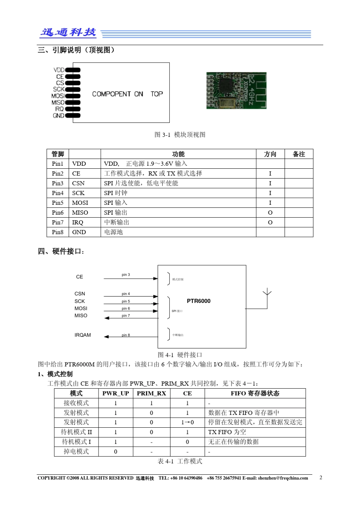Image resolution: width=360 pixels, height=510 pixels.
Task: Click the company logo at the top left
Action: coord(68,33)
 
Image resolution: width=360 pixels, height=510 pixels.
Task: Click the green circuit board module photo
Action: coord(236,91)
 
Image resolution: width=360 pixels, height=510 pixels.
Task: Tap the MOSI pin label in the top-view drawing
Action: coord(58,96)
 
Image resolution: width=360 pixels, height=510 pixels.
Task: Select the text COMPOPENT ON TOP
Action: coord(127,94)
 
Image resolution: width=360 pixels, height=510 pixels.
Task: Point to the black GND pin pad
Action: coord(73,116)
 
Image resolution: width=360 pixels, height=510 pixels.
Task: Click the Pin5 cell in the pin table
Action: coord(58,203)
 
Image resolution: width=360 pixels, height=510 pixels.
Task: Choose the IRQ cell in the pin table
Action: coord(78,223)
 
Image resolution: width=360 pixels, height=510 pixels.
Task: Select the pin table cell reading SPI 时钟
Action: coord(116,193)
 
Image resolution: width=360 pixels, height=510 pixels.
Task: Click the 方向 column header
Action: coord(270,154)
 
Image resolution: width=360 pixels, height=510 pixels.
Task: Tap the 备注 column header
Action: coord(299,154)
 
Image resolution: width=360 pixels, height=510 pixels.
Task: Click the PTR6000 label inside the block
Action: coord(199,301)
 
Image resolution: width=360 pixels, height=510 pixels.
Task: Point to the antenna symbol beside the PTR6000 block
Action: coord(267,296)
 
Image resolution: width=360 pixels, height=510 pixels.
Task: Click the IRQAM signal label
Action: coord(83,335)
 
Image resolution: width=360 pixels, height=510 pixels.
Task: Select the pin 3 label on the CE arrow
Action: coord(126,275)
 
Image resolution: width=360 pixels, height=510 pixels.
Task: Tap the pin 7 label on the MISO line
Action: coord(126,315)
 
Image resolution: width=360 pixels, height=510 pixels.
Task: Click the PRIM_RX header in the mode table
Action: coord(151,393)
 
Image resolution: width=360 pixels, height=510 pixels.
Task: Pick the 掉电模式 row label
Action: coord(76,452)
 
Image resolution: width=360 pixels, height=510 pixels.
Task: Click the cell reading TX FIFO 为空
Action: coord(227,432)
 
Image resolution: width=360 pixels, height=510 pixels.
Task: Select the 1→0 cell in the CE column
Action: coord(187,422)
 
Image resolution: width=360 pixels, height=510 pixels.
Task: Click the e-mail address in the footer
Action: coord(283,478)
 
